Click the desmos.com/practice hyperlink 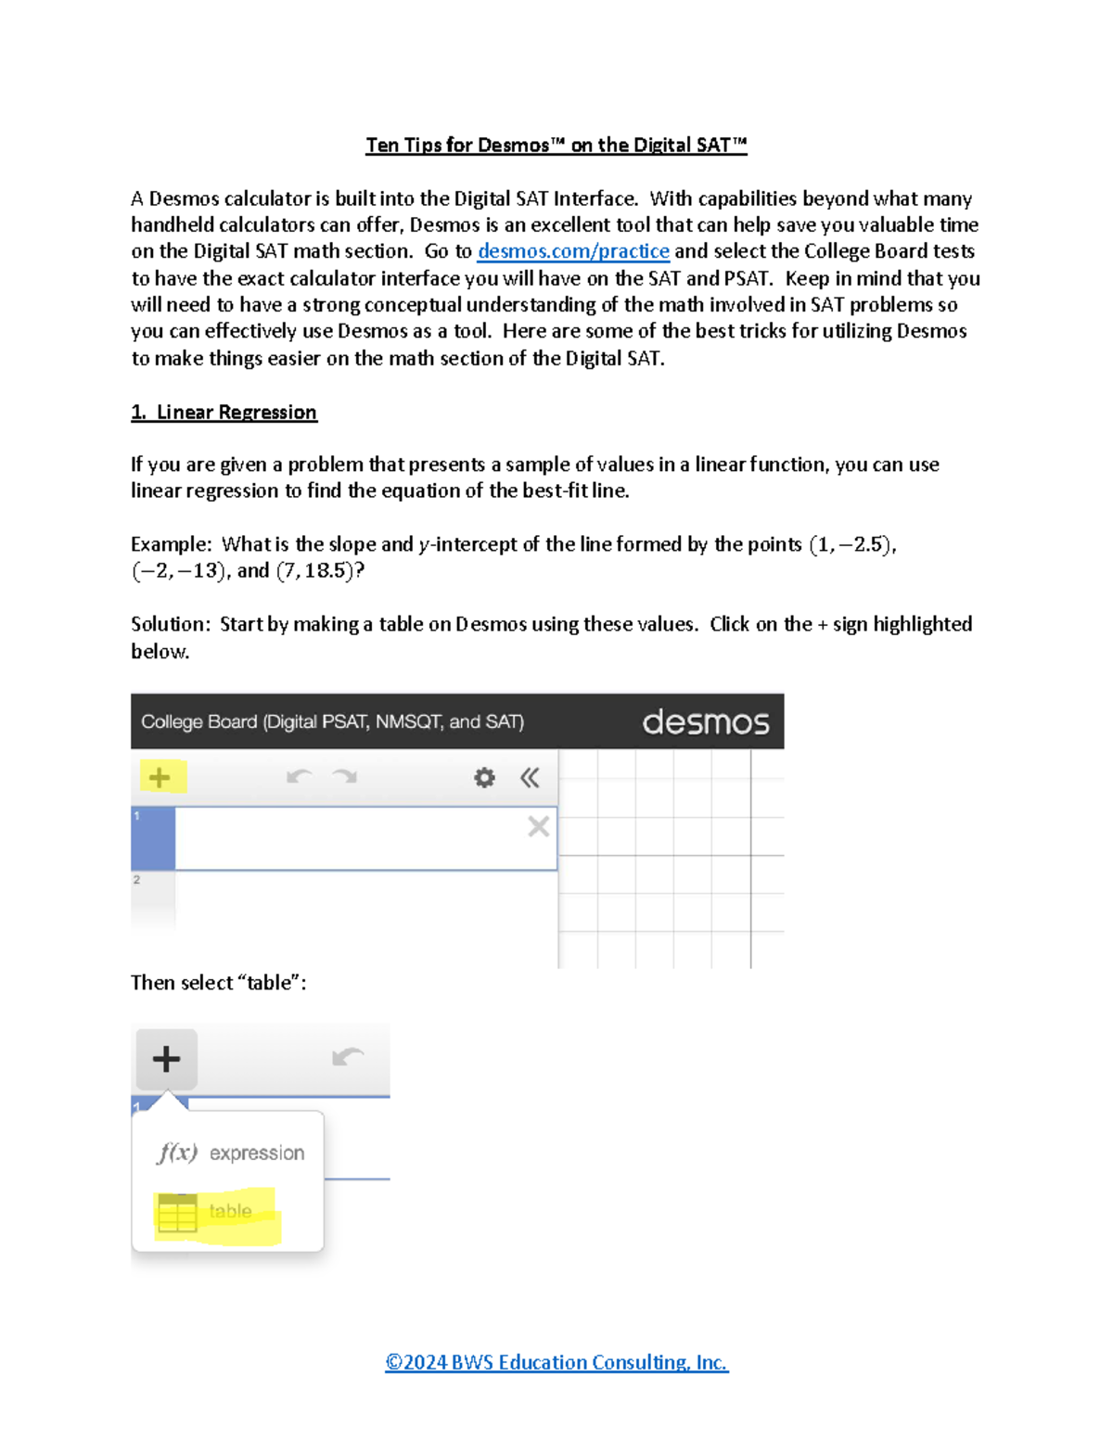[x=573, y=251]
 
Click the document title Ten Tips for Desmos [x=556, y=145]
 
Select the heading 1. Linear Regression [x=224, y=412]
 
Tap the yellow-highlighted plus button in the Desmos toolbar [x=160, y=777]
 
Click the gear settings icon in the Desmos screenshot [x=484, y=777]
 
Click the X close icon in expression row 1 [x=538, y=826]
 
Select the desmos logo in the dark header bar [x=705, y=721]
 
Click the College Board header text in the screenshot [x=332, y=721]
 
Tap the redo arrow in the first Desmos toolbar [x=345, y=776]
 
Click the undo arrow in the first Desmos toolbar [x=299, y=776]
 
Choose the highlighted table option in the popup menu [x=217, y=1212]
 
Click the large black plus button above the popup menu [x=167, y=1058]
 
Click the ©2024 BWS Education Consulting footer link [x=556, y=1362]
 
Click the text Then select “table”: [x=218, y=983]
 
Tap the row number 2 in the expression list [x=136, y=879]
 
